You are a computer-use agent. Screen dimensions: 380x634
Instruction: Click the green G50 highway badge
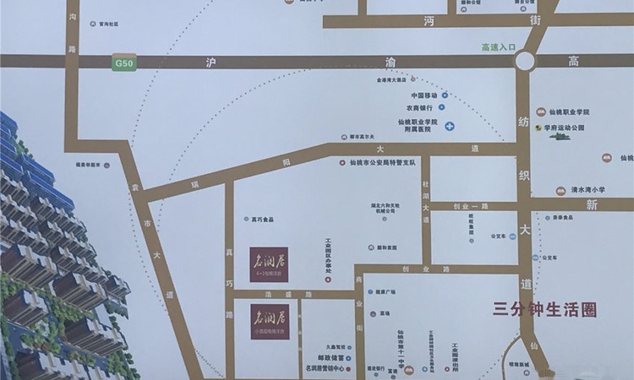(x=123, y=62)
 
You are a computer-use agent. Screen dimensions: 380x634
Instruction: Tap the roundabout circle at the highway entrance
(x=525, y=61)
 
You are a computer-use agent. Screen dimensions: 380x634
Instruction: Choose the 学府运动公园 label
(x=565, y=128)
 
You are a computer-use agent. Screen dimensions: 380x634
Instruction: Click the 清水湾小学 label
(x=586, y=190)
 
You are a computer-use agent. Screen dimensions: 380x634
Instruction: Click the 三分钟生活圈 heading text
(x=544, y=310)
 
